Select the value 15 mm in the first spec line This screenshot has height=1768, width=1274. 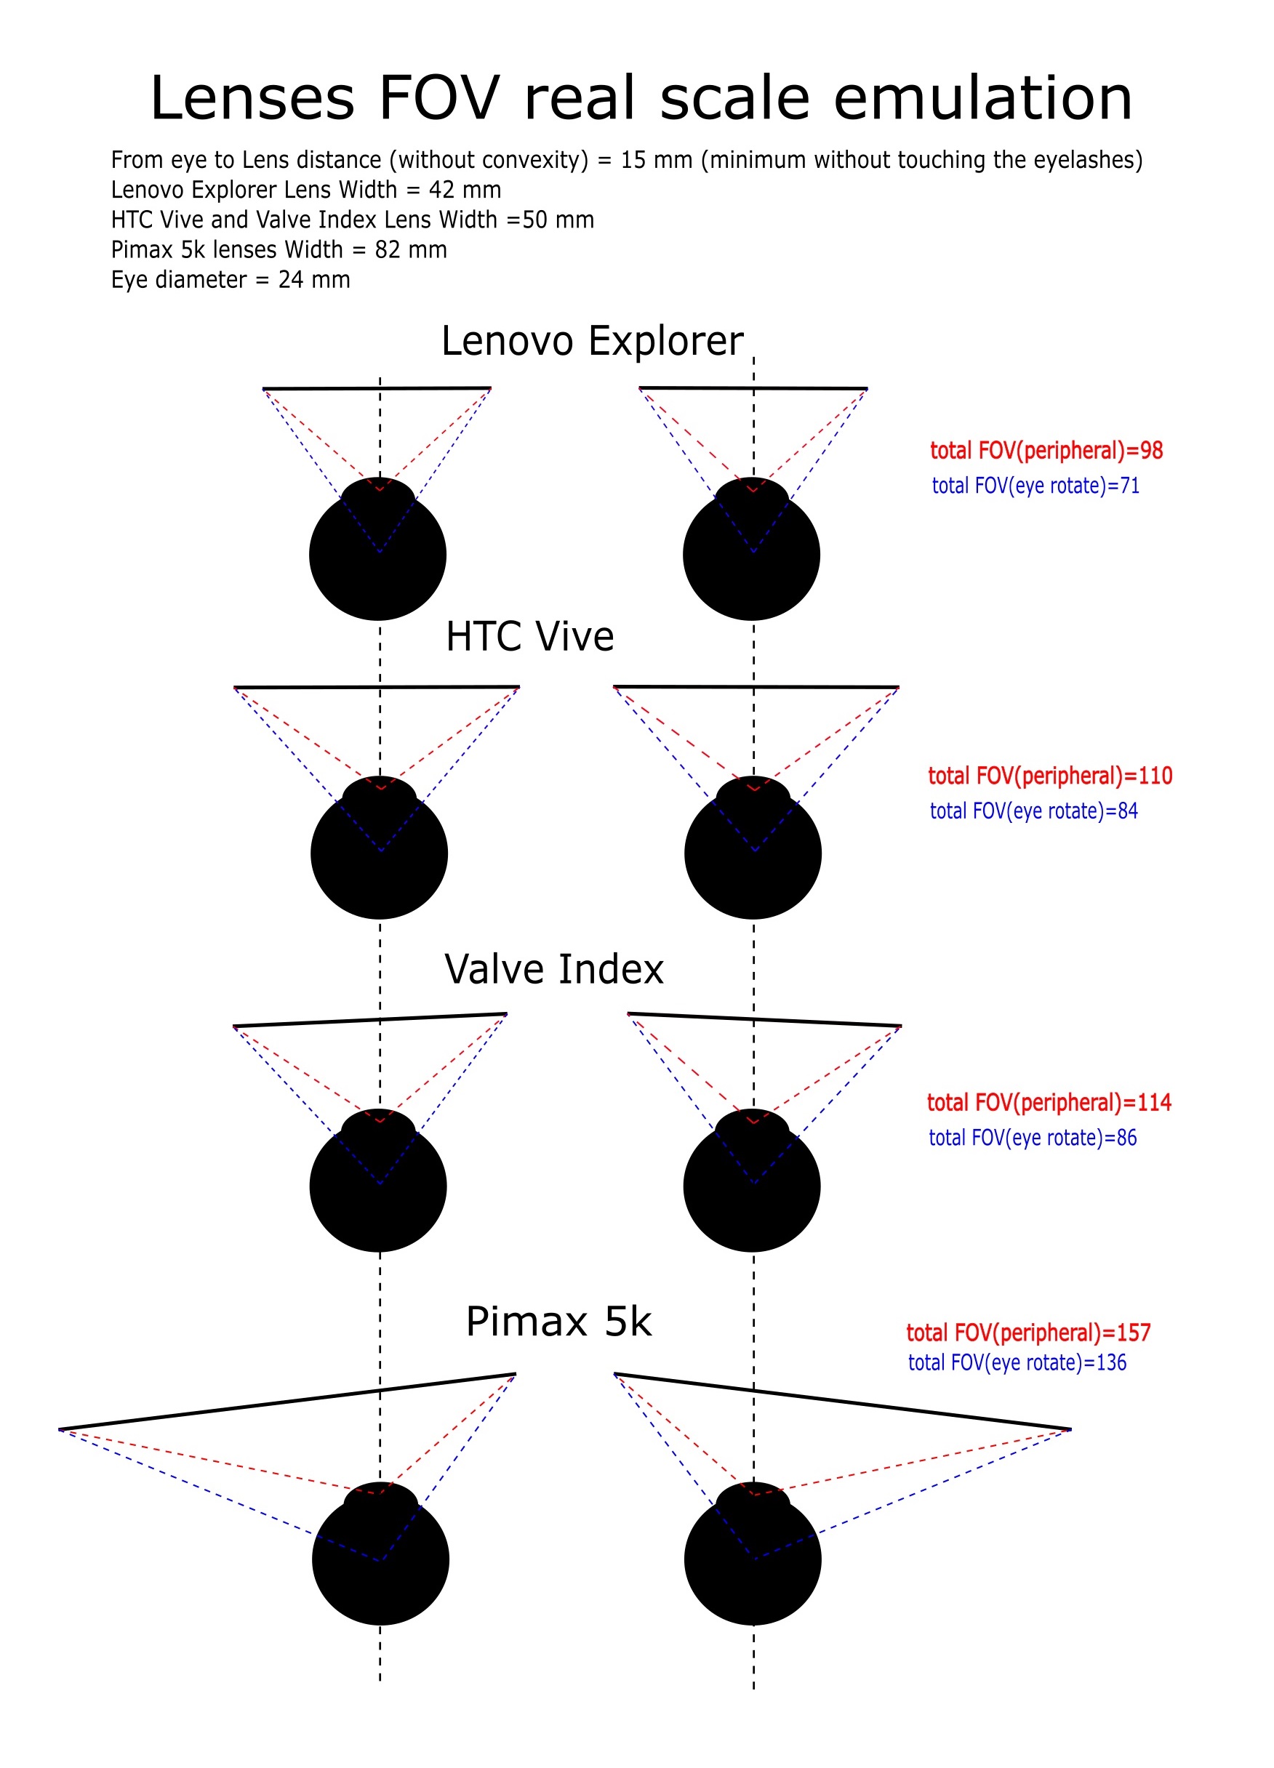pos(656,160)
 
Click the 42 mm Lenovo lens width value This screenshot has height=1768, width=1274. pos(465,190)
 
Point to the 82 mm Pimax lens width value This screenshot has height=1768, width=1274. pos(411,249)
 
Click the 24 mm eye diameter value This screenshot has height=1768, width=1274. pos(314,279)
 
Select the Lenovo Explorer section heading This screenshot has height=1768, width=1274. pos(592,341)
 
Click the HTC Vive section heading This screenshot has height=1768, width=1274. pos(529,636)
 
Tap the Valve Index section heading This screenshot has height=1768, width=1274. pos(553,969)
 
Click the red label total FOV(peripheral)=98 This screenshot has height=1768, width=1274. pos(1046,451)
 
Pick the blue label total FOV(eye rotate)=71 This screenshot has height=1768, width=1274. pos(1035,486)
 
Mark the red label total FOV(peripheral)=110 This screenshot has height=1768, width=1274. pos(1049,776)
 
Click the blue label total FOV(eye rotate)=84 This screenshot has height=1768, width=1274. pos(1033,811)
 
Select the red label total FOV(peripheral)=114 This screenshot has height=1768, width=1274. pos(1049,1102)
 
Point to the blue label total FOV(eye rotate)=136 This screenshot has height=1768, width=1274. pos(1017,1362)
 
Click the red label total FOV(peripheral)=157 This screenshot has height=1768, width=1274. pos(1027,1333)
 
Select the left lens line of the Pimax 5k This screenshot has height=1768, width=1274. pos(287,1402)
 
